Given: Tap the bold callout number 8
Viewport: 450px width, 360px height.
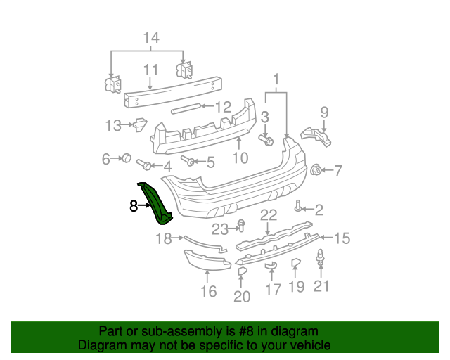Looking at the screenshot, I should tap(134, 206).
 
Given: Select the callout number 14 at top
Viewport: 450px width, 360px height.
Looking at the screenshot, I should tap(151, 37).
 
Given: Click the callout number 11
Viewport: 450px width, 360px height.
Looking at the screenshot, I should tap(151, 70).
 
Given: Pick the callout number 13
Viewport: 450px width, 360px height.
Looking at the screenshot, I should tap(113, 126).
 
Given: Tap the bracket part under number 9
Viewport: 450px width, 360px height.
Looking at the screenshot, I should tap(316, 136).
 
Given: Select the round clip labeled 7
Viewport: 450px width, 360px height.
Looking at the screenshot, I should tap(316, 169).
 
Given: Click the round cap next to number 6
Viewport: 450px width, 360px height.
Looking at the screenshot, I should tap(127, 158).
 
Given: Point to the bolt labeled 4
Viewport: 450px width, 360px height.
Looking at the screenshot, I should tap(143, 165).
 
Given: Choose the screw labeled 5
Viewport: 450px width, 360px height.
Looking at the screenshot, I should tap(188, 161).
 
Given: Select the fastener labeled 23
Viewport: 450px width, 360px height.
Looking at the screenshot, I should tap(241, 226).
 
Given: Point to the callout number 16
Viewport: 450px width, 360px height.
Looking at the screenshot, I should tap(209, 290).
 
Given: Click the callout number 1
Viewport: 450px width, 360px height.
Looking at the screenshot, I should tap(276, 79).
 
